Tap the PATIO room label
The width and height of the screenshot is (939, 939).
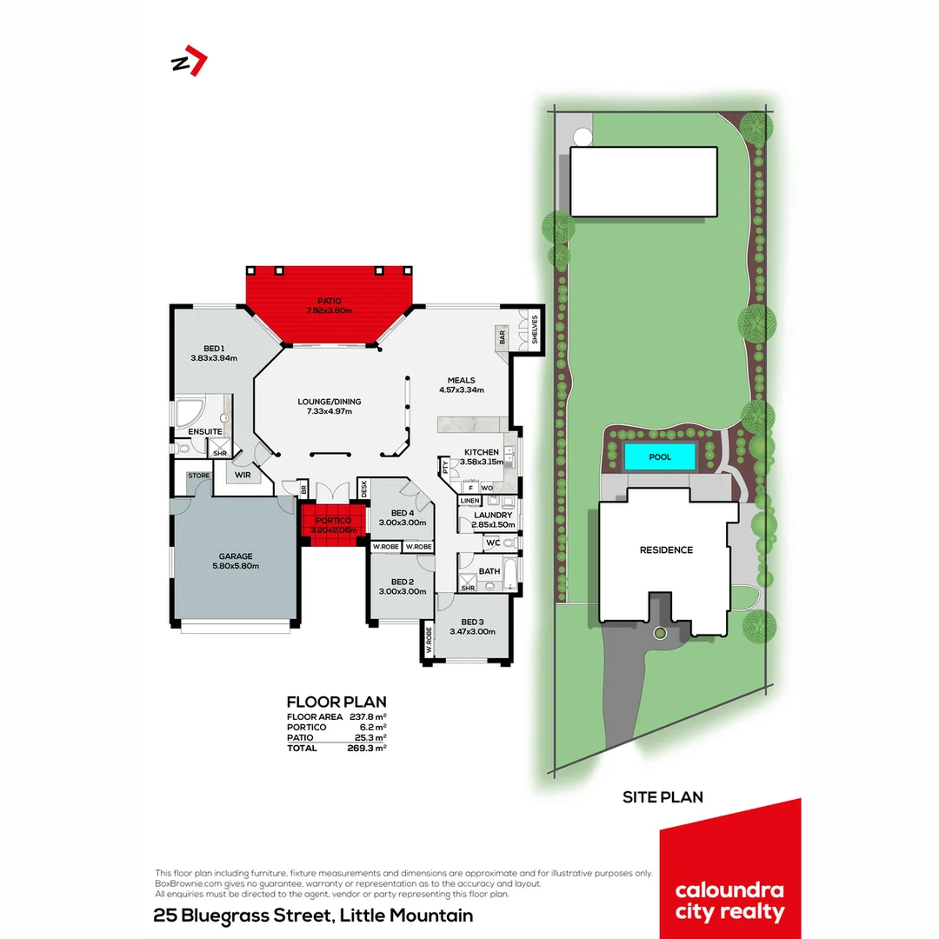coord(329,300)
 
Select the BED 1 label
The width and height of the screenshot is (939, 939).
coord(213,348)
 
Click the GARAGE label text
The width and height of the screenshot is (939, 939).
coord(235,556)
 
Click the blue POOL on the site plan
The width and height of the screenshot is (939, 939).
coord(660,456)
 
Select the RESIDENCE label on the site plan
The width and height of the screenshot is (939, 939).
coord(666,549)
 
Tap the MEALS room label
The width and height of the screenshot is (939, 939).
coord(461,380)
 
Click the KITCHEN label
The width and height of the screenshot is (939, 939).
coord(481,452)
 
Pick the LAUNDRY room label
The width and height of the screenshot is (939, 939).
coord(492,515)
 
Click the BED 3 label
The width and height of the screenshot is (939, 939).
coord(471,622)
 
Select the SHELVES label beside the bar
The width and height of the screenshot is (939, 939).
coord(534,331)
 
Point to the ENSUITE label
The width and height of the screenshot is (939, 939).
coord(205,431)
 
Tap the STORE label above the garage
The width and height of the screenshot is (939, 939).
coord(198,476)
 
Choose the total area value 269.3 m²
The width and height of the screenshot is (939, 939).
coord(365,748)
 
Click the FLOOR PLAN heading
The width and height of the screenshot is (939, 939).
coord(336,702)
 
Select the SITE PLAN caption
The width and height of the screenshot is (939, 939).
coord(663,796)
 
